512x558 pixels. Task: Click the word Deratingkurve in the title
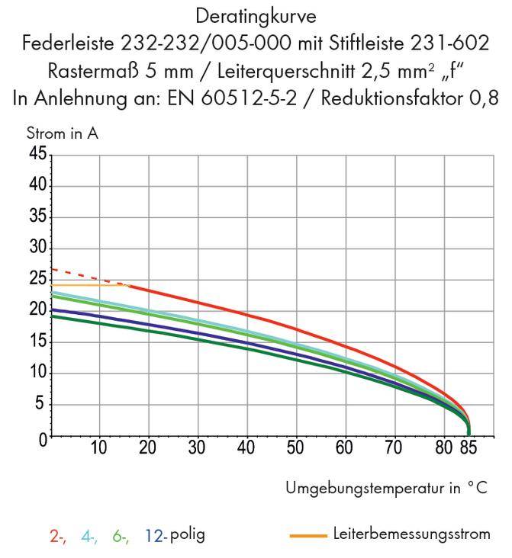256,14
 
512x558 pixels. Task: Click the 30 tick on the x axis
197,447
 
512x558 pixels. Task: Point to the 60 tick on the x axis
343,447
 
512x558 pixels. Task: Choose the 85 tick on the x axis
469,447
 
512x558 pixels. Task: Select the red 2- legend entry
58,535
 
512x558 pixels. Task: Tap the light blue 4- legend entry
89,535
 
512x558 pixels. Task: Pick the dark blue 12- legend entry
155,535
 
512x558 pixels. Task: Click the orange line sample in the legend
308,535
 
